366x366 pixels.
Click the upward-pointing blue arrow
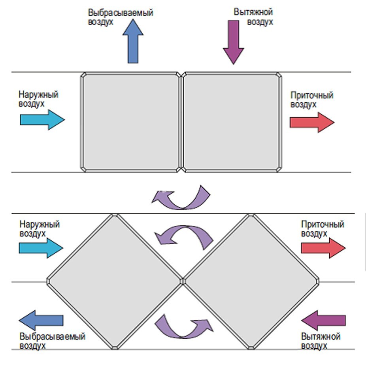[x=133, y=42]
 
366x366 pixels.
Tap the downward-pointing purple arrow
[x=234, y=42]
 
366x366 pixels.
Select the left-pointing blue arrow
[x=41, y=320]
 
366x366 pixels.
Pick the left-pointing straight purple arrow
[x=323, y=320]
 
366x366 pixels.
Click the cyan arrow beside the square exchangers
[x=42, y=120]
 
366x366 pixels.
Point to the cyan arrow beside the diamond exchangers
[x=41, y=248]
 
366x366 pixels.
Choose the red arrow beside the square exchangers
[x=312, y=122]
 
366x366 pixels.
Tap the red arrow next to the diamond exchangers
[x=323, y=248]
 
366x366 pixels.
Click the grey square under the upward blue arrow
[x=131, y=122]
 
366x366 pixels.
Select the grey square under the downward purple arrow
[x=232, y=122]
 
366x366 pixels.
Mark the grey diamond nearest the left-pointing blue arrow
[x=114, y=281]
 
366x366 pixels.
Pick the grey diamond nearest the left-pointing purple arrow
[x=251, y=281]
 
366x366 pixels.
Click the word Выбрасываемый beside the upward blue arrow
[x=121, y=13]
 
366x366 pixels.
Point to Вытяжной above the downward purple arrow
[x=253, y=12]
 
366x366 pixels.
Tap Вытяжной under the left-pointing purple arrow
[x=321, y=336]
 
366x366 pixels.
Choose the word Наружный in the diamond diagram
[x=40, y=225]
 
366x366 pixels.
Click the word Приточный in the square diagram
[x=312, y=96]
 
